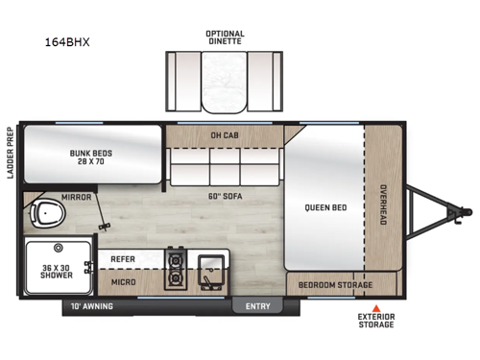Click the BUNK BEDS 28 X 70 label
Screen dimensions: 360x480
92,156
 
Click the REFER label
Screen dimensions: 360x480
122,259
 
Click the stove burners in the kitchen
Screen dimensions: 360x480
175,269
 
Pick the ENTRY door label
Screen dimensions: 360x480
258,306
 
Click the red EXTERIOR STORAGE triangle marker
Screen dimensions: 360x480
376,310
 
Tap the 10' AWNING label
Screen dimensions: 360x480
92,306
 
